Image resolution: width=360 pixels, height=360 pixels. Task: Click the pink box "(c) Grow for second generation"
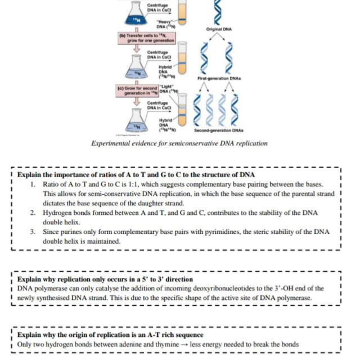click(x=137, y=91)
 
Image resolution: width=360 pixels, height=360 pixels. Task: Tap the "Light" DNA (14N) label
click(x=169, y=88)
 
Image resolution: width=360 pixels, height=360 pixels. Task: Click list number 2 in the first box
click(x=33, y=213)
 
